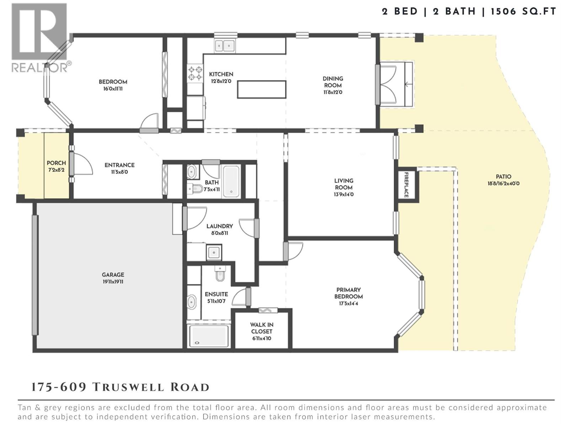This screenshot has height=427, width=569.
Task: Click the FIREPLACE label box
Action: pyautogui.click(x=406, y=185)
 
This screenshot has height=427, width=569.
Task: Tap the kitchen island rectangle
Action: pyautogui.click(x=262, y=89)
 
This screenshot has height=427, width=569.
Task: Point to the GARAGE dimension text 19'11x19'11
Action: pyautogui.click(x=113, y=282)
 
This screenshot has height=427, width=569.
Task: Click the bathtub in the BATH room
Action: pyautogui.click(x=232, y=181)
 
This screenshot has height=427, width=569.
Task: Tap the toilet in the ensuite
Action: pyautogui.click(x=220, y=274)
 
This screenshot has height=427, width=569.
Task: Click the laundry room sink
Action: pyautogui.click(x=214, y=253)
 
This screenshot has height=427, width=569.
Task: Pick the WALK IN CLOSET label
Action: pyautogui.click(x=261, y=328)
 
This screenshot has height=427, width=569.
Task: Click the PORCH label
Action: pyautogui.click(x=56, y=163)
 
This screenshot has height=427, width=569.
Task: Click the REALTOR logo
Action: pyautogui.click(x=40, y=37)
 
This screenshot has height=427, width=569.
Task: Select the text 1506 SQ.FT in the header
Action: pyautogui.click(x=523, y=11)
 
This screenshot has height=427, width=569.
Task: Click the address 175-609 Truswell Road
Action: pyautogui.click(x=121, y=387)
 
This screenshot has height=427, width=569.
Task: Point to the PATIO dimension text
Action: pyautogui.click(x=503, y=184)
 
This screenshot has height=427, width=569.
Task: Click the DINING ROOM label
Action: pyautogui.click(x=333, y=82)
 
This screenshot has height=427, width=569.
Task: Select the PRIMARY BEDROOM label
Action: pyautogui.click(x=348, y=293)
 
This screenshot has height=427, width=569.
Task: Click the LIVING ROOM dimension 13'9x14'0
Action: pyautogui.click(x=344, y=195)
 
